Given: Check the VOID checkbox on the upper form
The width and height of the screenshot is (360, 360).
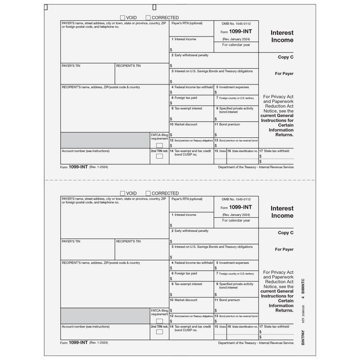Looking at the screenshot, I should coord(122,18).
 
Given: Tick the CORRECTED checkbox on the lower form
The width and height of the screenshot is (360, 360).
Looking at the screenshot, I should coord(148,193).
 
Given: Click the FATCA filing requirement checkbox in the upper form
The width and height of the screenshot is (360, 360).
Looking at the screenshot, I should coord(159,145).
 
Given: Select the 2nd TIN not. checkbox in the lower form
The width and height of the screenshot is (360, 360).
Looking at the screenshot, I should coord(159,331).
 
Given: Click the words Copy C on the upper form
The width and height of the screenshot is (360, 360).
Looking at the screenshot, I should coord(285,57).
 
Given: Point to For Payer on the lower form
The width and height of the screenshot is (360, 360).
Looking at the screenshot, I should coord(284,249).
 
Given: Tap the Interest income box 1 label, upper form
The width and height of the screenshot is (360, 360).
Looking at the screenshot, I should coord(185,39).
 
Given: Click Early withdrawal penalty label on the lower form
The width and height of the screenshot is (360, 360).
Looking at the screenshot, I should coord(191,231).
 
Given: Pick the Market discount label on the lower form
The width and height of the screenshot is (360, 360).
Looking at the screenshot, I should coord(185,300).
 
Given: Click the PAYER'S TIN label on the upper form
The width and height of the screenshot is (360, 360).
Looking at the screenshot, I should coord(71,66).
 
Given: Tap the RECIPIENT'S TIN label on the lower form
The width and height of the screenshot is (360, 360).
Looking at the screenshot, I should coord(129,241).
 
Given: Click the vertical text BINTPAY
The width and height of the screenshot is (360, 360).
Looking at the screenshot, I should coord(303,335).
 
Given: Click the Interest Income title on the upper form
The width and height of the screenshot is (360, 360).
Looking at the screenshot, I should coord(282,37).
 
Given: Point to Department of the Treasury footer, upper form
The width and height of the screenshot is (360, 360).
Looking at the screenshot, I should coord(255,168).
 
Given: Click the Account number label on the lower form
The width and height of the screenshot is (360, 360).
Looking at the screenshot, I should coord(85,326).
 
